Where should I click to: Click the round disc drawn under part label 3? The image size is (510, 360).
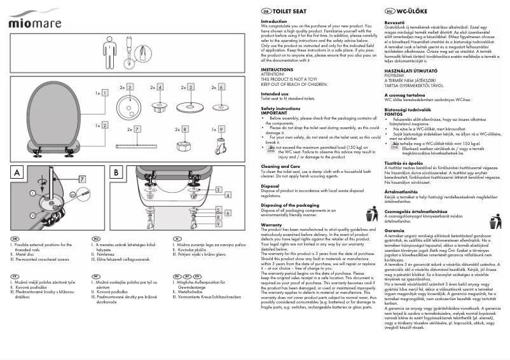pos(129,102)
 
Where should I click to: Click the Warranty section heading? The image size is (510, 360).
pos(272,225)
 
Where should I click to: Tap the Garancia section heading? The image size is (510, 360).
pos(395,230)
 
